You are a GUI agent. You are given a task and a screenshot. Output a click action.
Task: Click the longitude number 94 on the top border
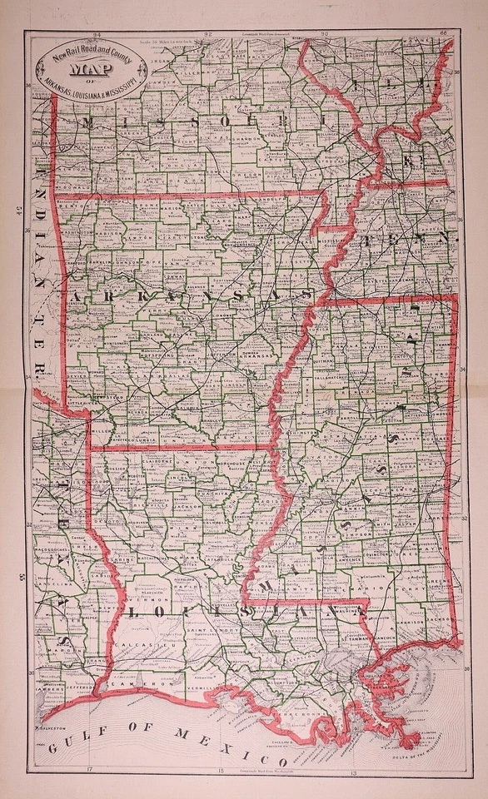click(97, 36)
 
